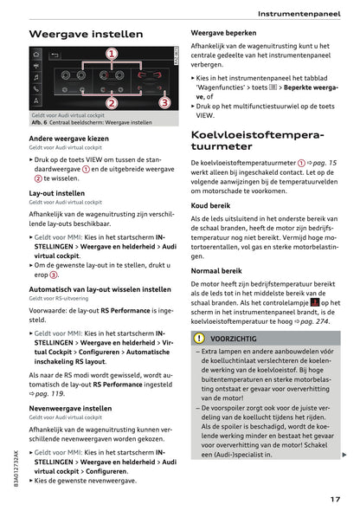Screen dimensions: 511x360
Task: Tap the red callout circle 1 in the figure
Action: [112, 55]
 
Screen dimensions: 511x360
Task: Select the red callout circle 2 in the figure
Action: [112, 103]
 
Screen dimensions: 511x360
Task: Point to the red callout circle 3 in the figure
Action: [164, 103]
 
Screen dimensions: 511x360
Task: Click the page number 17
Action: [334, 498]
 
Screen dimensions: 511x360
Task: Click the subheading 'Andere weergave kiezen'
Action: [69, 139]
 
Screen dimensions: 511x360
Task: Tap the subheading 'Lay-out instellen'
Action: [57, 193]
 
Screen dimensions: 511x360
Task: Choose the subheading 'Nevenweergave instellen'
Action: [70, 407]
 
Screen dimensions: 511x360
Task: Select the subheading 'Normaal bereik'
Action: [216, 270]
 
